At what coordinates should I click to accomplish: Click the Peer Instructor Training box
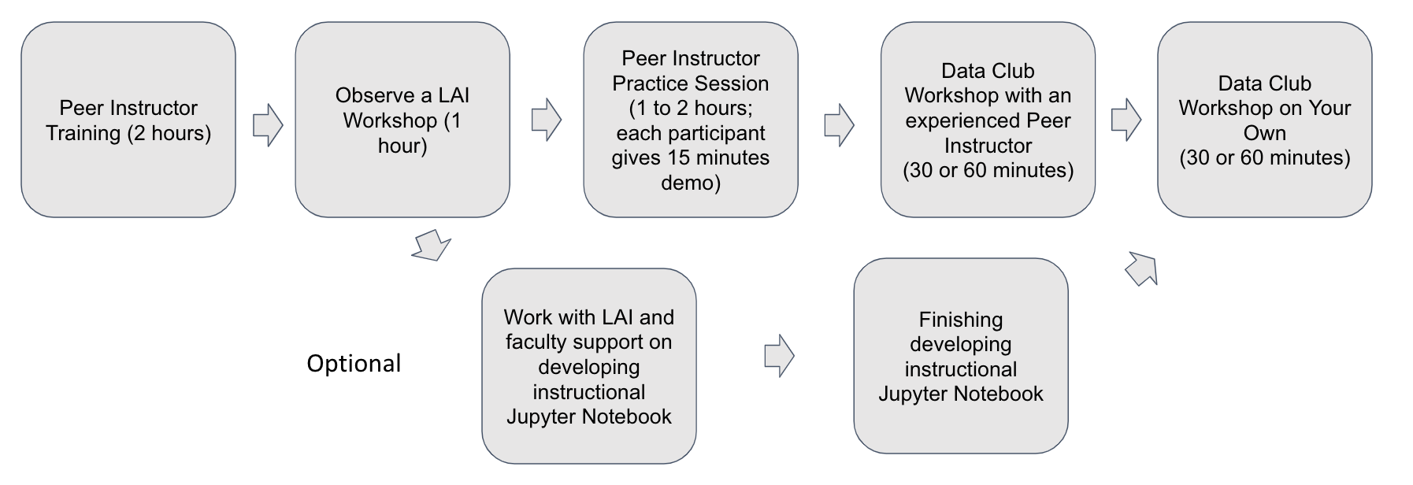click(128, 120)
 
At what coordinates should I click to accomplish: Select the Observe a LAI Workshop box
click(402, 120)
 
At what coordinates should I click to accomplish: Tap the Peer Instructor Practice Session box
click(690, 120)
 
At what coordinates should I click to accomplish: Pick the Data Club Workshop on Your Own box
click(1264, 120)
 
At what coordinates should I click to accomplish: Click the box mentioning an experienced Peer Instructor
click(988, 120)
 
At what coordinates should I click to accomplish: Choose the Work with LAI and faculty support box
click(588, 366)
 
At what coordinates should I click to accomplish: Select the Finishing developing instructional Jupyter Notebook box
click(960, 356)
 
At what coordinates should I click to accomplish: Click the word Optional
click(354, 363)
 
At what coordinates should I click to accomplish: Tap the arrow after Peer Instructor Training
click(268, 124)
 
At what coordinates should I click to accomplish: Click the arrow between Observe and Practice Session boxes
click(546, 120)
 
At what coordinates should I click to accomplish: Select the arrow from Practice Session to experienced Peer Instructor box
click(839, 124)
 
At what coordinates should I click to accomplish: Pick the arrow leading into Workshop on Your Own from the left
click(1126, 120)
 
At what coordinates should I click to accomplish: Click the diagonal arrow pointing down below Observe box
click(431, 246)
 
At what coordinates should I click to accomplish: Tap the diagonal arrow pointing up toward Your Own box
click(1141, 268)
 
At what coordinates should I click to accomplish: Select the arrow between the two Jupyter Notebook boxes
click(779, 356)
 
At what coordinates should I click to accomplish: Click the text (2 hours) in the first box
click(169, 133)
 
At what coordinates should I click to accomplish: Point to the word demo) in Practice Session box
click(690, 183)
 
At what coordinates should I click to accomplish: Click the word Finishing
click(960, 320)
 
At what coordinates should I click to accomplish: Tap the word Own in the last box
click(1264, 133)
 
